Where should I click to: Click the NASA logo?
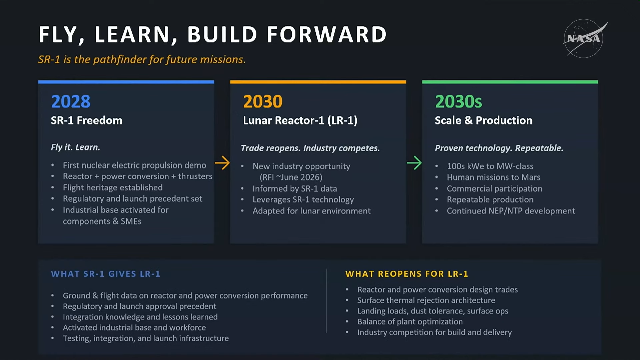click(x=584, y=38)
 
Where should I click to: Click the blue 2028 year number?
click(x=71, y=101)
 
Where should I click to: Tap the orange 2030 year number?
click(x=263, y=101)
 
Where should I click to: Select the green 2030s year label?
click(x=458, y=101)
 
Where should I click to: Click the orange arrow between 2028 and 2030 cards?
click(x=222, y=163)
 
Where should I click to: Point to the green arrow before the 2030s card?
click(x=414, y=163)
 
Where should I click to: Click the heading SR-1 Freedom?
click(x=87, y=120)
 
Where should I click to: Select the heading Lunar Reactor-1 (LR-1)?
click(x=300, y=120)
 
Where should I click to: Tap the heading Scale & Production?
click(x=484, y=120)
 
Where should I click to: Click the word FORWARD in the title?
click(x=327, y=34)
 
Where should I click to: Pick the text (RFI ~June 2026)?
click(x=291, y=177)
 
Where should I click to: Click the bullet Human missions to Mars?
click(x=494, y=177)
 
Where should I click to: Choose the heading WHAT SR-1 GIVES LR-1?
click(x=106, y=274)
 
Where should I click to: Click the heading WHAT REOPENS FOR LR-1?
click(x=407, y=274)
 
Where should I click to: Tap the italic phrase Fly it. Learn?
click(x=75, y=147)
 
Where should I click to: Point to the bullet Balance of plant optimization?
click(x=410, y=322)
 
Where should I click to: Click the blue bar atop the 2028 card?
click(x=126, y=82)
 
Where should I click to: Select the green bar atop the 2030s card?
click(x=510, y=82)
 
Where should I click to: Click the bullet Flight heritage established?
click(x=113, y=188)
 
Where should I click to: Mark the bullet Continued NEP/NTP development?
click(x=511, y=211)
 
